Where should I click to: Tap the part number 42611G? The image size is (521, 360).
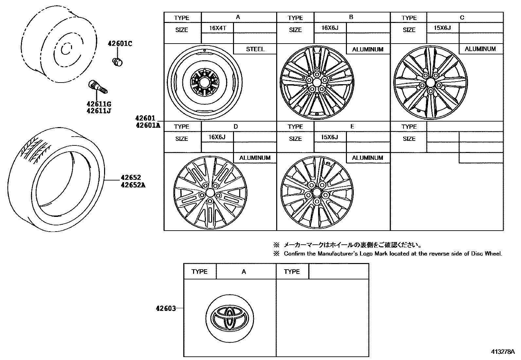pos(99,104)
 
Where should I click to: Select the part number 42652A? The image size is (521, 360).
pos(133,185)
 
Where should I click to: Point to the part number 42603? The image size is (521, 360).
pos(166,308)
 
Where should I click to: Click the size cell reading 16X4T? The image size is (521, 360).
pos(217,28)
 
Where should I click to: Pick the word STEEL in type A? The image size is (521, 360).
pos(255,49)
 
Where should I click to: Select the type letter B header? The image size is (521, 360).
pos(351,17)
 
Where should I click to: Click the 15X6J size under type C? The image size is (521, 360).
pos(442,28)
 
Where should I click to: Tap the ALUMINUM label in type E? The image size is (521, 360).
pos(367,158)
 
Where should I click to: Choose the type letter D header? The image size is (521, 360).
pos(236,126)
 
